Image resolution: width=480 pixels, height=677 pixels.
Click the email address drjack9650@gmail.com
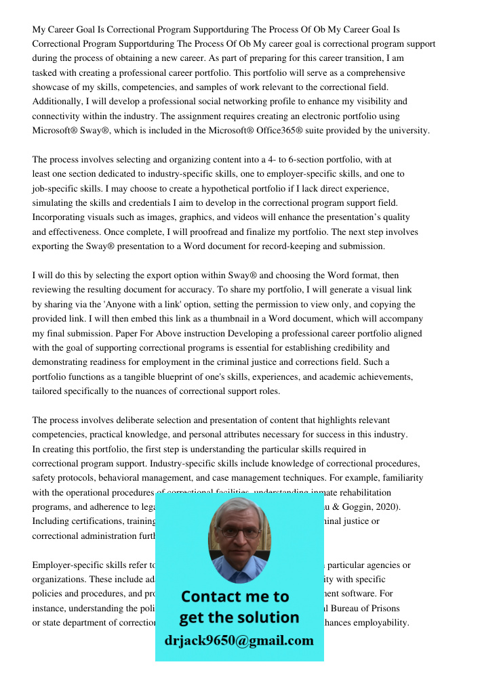(x=239, y=640)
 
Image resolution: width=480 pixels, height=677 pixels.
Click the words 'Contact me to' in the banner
(x=235, y=596)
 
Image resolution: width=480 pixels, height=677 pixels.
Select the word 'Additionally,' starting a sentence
(x=58, y=102)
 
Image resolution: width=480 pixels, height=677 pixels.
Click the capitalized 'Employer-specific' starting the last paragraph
(x=70, y=565)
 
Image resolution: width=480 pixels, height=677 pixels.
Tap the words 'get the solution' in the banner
(x=239, y=617)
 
